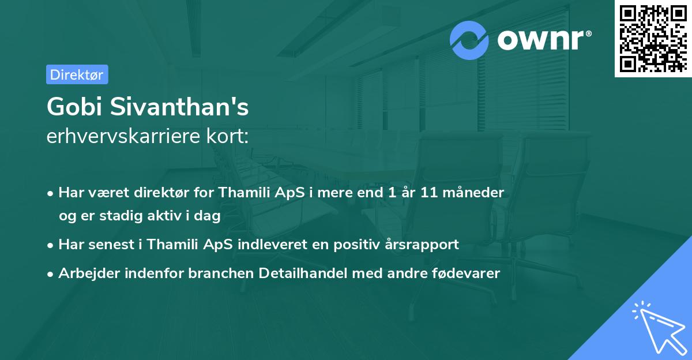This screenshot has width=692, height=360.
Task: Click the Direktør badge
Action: (x=77, y=74)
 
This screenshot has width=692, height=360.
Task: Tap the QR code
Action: (x=653, y=38)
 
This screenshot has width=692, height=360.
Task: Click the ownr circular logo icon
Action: (x=469, y=40)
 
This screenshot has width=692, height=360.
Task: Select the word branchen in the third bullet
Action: (x=217, y=274)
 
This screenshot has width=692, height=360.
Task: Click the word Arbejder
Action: (x=85, y=274)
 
